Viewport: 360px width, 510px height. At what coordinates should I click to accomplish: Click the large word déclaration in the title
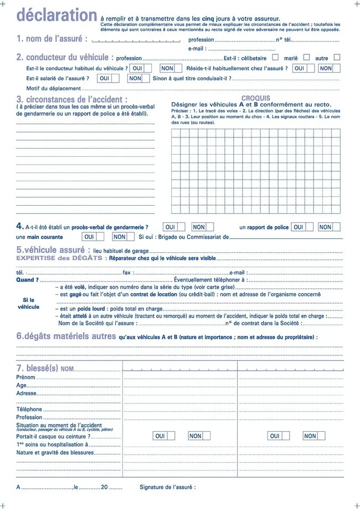(57, 16)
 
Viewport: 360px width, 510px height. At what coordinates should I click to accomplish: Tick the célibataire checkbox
(275, 57)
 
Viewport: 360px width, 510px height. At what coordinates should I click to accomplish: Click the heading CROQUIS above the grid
(256, 98)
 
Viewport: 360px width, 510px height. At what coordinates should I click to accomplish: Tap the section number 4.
(20, 226)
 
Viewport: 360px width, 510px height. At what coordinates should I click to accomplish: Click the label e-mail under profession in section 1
(197, 49)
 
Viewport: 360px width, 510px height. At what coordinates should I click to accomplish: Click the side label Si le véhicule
(29, 303)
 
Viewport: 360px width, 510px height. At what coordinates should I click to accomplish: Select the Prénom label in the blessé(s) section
(25, 377)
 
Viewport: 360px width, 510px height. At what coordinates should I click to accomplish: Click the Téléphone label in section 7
(29, 409)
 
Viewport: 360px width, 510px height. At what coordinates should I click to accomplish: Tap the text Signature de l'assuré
(167, 487)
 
